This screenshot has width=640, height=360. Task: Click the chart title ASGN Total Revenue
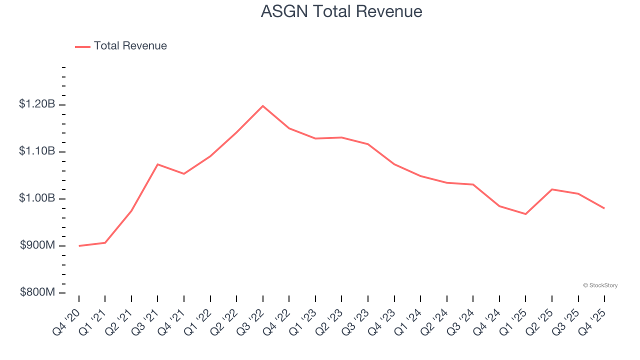(x=341, y=11)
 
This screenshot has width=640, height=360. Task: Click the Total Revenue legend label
(x=130, y=46)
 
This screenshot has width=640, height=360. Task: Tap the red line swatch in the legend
(x=82, y=46)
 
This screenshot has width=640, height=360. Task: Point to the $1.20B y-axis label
(x=37, y=104)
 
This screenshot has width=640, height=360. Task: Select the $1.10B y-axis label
(x=37, y=151)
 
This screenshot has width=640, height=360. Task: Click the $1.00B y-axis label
(x=37, y=198)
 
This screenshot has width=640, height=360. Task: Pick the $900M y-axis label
(x=37, y=245)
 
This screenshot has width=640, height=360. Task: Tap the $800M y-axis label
(x=37, y=292)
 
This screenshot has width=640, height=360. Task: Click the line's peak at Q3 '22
(x=263, y=106)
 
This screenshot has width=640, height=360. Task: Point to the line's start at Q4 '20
(x=79, y=245)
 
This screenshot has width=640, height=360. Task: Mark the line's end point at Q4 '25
(x=604, y=208)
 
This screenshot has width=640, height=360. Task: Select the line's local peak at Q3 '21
(x=157, y=164)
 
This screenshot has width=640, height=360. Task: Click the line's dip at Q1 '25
(x=525, y=214)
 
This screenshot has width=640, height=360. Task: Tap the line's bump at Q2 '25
(x=552, y=189)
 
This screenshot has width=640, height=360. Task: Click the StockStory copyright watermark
(x=600, y=285)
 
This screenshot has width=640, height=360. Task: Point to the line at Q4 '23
(x=394, y=164)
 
